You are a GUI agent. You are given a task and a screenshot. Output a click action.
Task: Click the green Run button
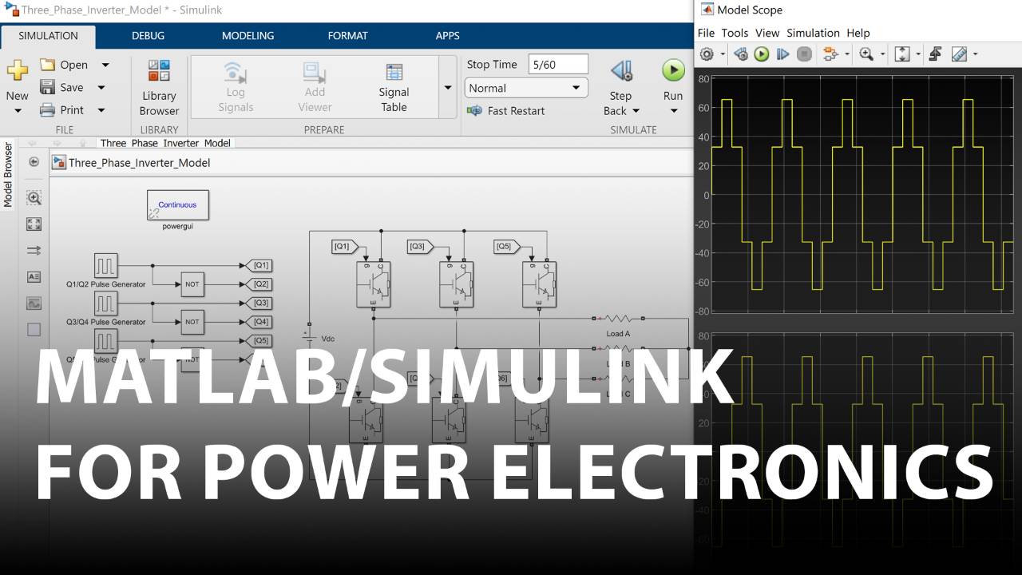[673, 70]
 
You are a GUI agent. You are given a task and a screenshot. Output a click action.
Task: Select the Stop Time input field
[558, 65]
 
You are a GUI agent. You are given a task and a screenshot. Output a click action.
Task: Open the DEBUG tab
[148, 36]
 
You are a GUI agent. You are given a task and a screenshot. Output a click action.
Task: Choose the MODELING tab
[248, 36]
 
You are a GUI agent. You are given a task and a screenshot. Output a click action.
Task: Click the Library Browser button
[159, 88]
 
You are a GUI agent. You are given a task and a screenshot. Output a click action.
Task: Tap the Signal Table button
[394, 88]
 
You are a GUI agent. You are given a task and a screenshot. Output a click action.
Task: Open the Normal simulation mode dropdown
[525, 88]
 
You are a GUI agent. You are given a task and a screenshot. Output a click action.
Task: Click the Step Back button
[620, 88]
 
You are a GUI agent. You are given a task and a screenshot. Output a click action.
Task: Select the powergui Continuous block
[177, 205]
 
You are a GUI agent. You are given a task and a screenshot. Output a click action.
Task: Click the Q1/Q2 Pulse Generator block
[106, 265]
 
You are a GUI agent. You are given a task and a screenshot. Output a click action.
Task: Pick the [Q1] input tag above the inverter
[344, 247]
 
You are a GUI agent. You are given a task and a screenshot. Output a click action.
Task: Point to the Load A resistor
[618, 318]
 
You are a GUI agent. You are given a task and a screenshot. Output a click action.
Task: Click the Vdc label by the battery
[327, 339]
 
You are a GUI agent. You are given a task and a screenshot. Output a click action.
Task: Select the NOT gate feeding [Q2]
[192, 284]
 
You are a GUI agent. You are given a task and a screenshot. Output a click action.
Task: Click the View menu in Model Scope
[766, 33]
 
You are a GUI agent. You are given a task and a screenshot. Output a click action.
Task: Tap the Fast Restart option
[515, 111]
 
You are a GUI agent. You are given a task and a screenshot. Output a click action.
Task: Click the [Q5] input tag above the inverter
[505, 247]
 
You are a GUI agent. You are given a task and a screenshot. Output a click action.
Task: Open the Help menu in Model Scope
[858, 33]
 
